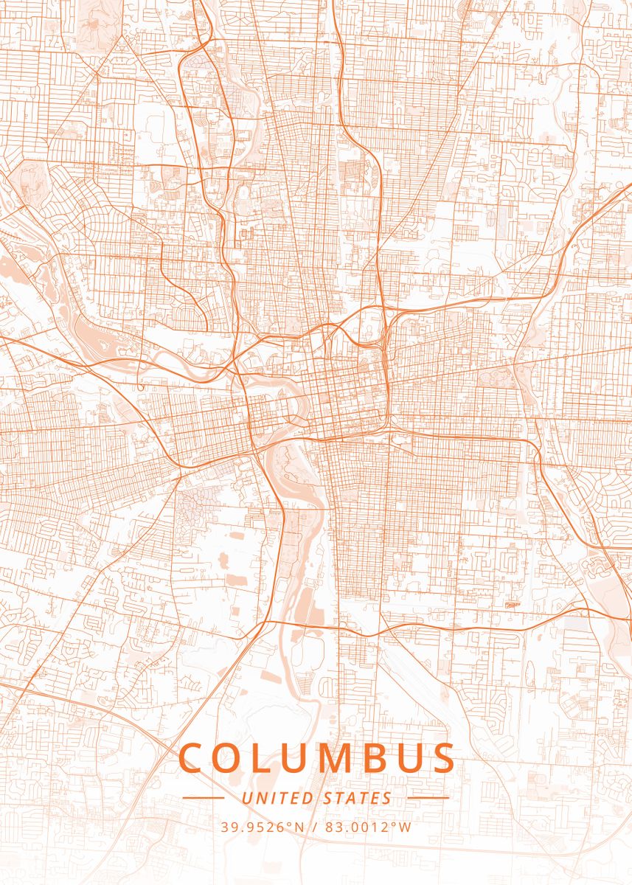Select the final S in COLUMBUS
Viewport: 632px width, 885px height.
click(x=442, y=758)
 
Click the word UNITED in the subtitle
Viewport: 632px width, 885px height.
click(x=278, y=798)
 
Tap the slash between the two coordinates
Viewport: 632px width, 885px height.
click(x=315, y=827)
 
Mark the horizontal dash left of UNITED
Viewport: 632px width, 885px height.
click(x=203, y=798)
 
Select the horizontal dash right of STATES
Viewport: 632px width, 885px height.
click(x=428, y=798)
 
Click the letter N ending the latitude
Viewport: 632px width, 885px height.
click(x=300, y=827)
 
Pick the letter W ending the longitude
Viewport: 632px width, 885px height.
click(x=406, y=827)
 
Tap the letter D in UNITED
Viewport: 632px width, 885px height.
click(x=310, y=798)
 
